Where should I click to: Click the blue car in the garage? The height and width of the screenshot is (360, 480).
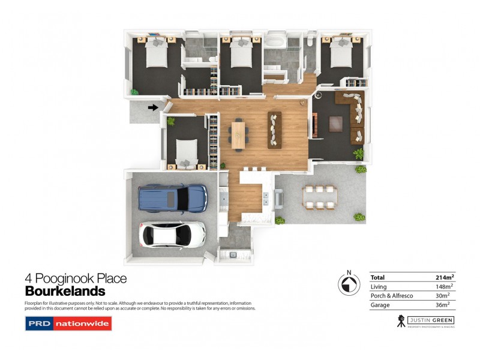[172, 197]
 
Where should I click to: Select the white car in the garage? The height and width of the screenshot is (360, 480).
[172, 235]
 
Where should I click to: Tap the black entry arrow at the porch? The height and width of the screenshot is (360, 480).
[153, 108]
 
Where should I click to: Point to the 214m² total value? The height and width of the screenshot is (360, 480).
[445, 277]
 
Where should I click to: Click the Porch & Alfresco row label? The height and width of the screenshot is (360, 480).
[389, 296]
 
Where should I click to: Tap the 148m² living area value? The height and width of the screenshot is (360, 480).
[445, 287]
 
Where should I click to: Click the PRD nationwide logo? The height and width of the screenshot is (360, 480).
[68, 324]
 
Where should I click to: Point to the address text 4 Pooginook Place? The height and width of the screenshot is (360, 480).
[76, 278]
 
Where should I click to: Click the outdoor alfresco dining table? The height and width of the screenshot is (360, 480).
[320, 197]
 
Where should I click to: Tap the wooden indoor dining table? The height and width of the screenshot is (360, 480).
[239, 132]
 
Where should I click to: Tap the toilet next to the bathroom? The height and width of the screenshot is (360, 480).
[308, 43]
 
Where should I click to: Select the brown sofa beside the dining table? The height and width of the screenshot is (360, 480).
[275, 129]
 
